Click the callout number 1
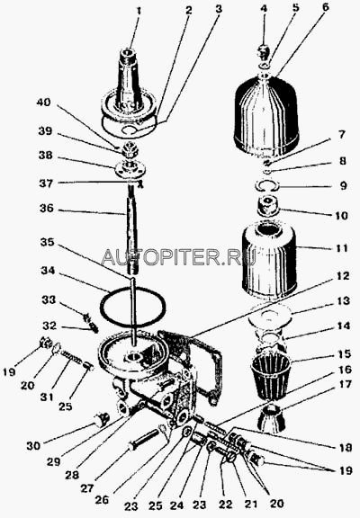(x=139, y=11)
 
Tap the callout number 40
(x=43, y=103)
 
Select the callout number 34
(x=48, y=271)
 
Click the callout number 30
(x=33, y=446)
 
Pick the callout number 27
(x=87, y=488)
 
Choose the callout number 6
(x=326, y=7)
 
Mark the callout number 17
(x=343, y=384)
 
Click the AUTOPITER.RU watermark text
(x=179, y=257)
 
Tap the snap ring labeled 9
(x=268, y=185)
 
